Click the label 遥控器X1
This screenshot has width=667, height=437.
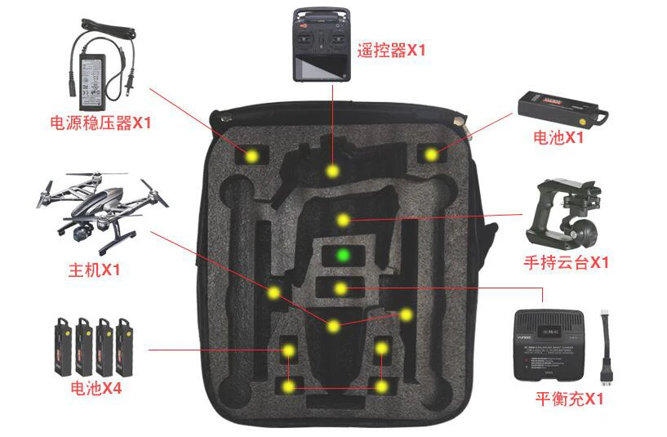391,51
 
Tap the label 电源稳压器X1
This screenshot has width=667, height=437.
100,123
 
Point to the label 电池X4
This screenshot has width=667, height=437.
96,388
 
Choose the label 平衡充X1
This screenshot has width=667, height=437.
569,399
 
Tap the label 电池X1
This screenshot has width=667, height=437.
558,137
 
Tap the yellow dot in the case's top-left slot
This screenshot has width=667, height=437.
252,155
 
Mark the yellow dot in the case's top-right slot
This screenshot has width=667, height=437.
430,153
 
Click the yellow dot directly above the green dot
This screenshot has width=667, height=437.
344,220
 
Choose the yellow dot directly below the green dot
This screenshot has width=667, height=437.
340,288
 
